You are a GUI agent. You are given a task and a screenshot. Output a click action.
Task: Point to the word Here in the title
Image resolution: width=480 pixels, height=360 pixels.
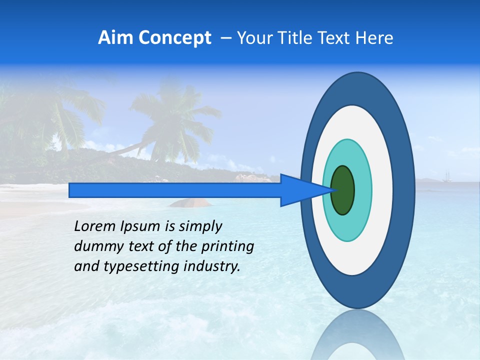(x=374, y=38)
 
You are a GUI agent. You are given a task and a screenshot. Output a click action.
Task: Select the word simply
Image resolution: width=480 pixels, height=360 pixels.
(x=199, y=227)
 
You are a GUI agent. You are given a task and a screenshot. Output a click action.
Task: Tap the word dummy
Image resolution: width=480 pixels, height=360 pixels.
(x=94, y=246)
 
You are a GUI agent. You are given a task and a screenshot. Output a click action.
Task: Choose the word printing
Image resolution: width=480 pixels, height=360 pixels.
(x=230, y=247)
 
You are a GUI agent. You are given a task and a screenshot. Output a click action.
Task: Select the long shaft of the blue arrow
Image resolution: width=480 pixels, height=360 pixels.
(x=174, y=190)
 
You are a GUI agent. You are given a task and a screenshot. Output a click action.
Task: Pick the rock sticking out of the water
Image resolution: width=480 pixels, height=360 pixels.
(x=190, y=202)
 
